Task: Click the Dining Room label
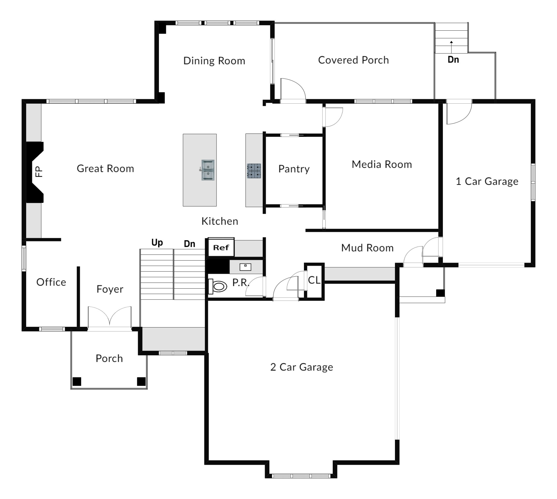[214, 61]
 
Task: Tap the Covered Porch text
[353, 60]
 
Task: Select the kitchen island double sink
[208, 170]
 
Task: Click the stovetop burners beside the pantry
[254, 171]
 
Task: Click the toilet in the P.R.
[218, 287]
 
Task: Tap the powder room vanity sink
[245, 267]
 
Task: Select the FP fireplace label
[39, 172]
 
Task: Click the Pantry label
[294, 169]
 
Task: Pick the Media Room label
[381, 164]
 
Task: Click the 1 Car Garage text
[487, 181]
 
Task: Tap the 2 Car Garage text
[302, 367]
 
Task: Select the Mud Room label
[367, 248]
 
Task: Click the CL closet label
[314, 280]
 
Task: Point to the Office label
[51, 282]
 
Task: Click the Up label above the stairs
[157, 243]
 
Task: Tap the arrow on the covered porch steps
[451, 46]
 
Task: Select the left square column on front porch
[77, 381]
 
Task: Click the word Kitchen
[220, 221]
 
